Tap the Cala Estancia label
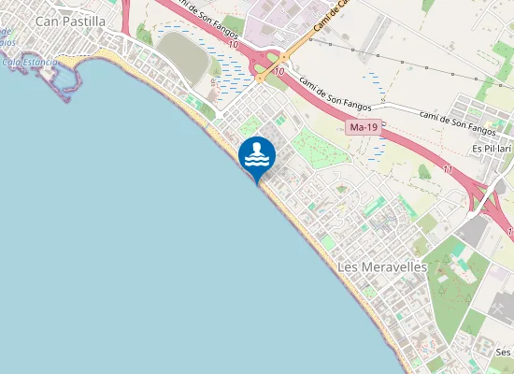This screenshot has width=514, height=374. [28, 63]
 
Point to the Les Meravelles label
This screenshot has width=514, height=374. [380, 267]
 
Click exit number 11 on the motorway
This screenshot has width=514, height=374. [449, 170]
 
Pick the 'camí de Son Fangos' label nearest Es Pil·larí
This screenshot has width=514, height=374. [457, 120]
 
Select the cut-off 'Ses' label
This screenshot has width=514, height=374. [504, 352]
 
